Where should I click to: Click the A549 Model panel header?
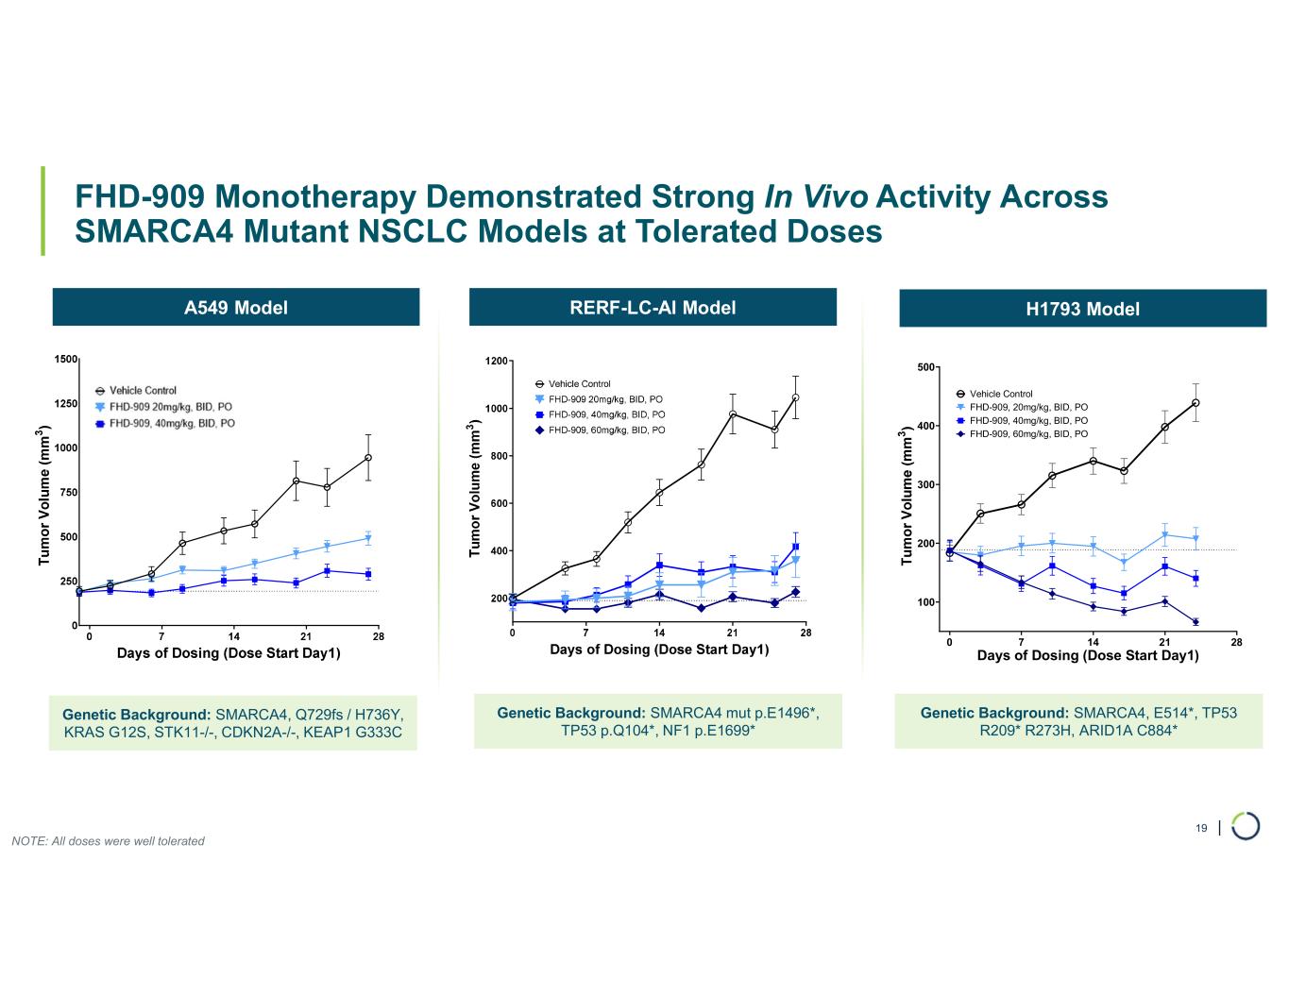(235, 308)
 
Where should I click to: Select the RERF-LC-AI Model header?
(653, 307)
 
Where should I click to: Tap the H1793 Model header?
(1082, 309)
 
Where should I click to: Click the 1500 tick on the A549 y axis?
(65, 360)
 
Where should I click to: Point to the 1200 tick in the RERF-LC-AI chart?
(496, 361)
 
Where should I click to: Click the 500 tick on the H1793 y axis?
(925, 367)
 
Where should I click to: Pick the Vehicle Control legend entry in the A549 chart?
(142, 391)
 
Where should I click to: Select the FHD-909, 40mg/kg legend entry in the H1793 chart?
(1027, 420)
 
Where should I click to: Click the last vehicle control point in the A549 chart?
(368, 458)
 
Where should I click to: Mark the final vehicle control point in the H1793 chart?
(1196, 403)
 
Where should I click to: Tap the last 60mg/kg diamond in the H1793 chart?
(1196, 622)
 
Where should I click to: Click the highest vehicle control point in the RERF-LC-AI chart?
(796, 397)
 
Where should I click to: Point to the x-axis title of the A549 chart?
(229, 653)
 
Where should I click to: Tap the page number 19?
(1201, 828)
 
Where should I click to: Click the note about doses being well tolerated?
(108, 841)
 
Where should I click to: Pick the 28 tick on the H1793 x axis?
(1236, 643)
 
